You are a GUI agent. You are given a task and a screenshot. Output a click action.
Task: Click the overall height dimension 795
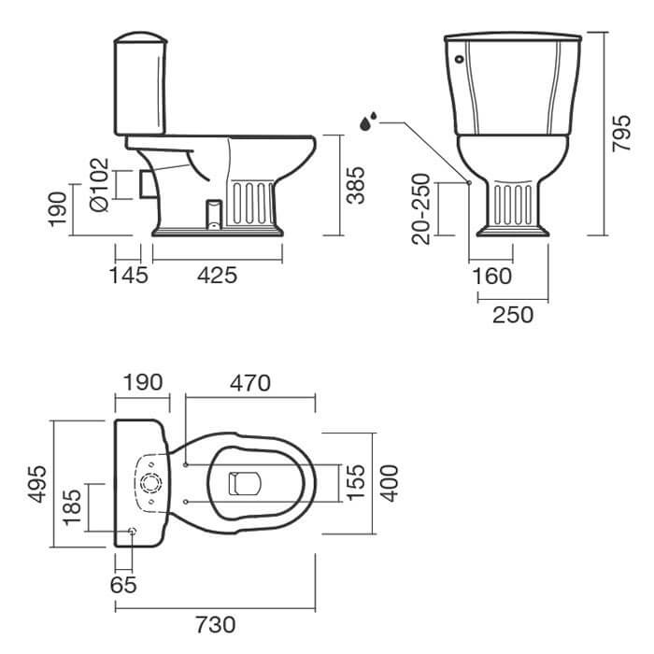click(x=621, y=133)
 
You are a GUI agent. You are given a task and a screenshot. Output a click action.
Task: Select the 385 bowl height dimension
click(x=356, y=185)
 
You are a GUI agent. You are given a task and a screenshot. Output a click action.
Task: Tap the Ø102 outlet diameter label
click(x=99, y=184)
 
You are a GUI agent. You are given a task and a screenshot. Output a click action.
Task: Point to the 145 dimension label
click(x=129, y=276)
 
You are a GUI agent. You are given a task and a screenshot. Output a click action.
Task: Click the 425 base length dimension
click(x=218, y=276)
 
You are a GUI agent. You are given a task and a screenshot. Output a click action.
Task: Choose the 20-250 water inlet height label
click(x=420, y=209)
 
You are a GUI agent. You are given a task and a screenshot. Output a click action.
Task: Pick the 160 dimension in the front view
click(x=492, y=277)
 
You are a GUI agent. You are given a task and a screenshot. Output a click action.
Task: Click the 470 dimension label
click(x=250, y=383)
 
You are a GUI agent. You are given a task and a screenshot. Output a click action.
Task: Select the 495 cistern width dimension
click(x=36, y=484)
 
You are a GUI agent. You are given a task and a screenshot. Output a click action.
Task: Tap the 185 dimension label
click(x=72, y=506)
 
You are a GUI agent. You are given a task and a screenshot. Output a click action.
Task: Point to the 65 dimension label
click(x=123, y=585)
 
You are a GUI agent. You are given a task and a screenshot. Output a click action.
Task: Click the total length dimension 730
click(x=216, y=625)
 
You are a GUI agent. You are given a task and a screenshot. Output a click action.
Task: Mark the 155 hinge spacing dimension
click(x=356, y=482)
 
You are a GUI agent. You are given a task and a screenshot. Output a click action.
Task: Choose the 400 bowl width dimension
click(x=390, y=483)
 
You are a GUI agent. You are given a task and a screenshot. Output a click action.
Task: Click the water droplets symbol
click(x=368, y=121)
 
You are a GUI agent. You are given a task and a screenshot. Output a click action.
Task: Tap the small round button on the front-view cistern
click(x=460, y=59)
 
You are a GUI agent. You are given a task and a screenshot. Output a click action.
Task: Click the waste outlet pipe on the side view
click(x=148, y=183)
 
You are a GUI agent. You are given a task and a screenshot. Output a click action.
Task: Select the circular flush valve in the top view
click(x=150, y=483)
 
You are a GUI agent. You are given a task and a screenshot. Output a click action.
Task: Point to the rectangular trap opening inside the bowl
click(x=245, y=483)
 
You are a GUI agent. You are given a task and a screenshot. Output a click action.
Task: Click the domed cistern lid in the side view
click(x=140, y=36)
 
